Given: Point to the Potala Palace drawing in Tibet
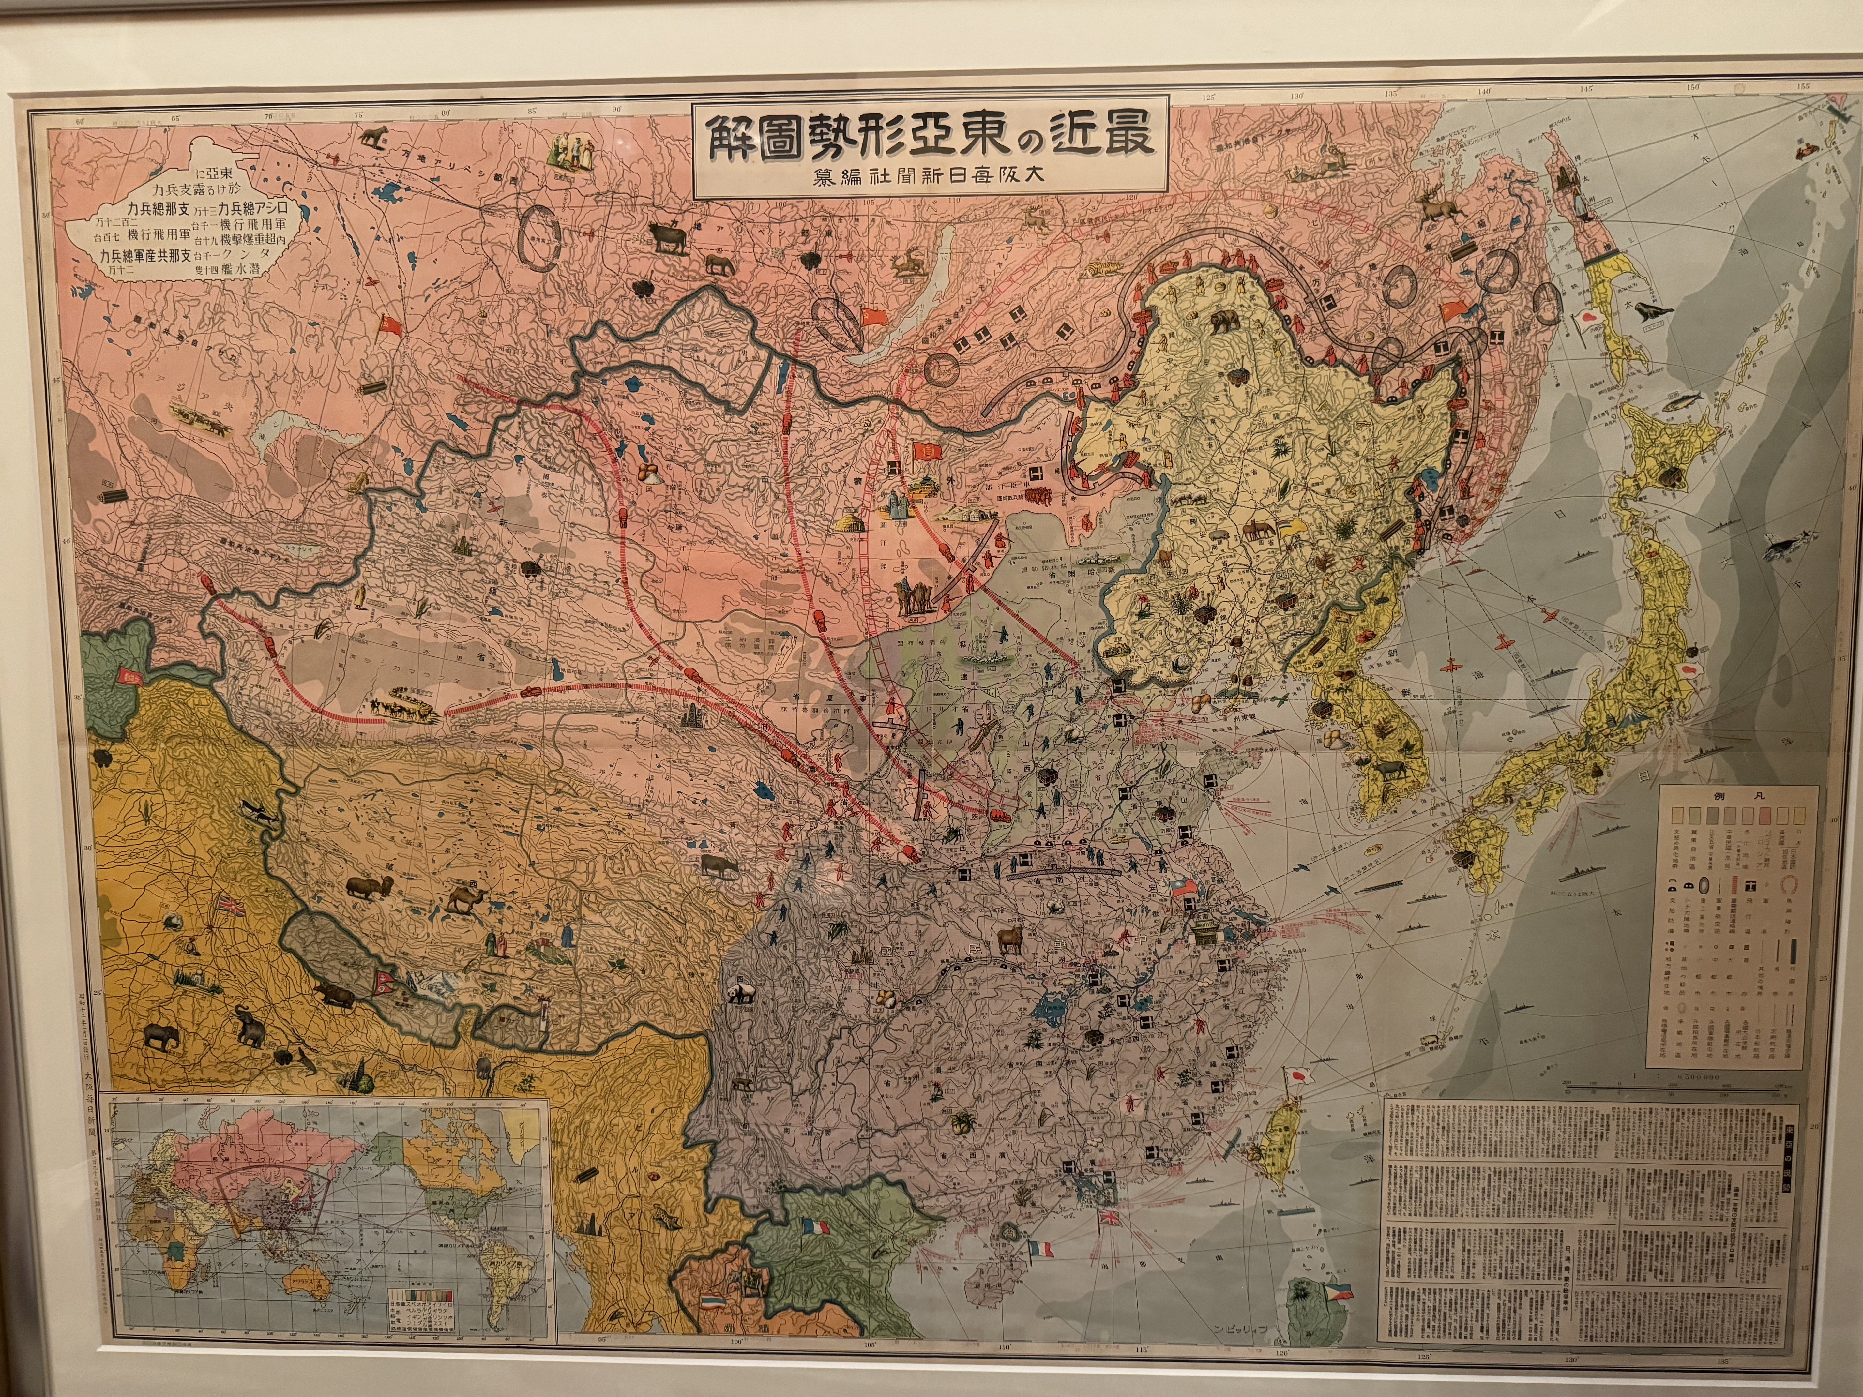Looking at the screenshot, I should click(x=547, y=950).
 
